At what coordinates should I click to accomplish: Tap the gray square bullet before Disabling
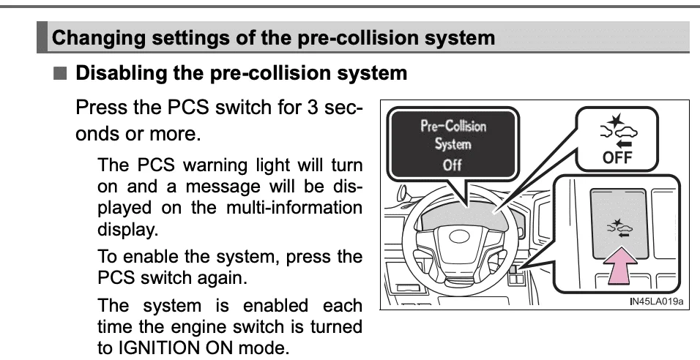[60, 73]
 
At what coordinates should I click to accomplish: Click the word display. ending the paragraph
[128, 230]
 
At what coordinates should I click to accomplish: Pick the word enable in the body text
[152, 257]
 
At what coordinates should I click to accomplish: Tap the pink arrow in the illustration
[620, 266]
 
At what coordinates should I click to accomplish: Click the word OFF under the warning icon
[617, 157]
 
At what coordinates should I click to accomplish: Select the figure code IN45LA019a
[656, 301]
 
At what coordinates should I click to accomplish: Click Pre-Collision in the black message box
[453, 126]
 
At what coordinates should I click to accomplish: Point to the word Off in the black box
[452, 165]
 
